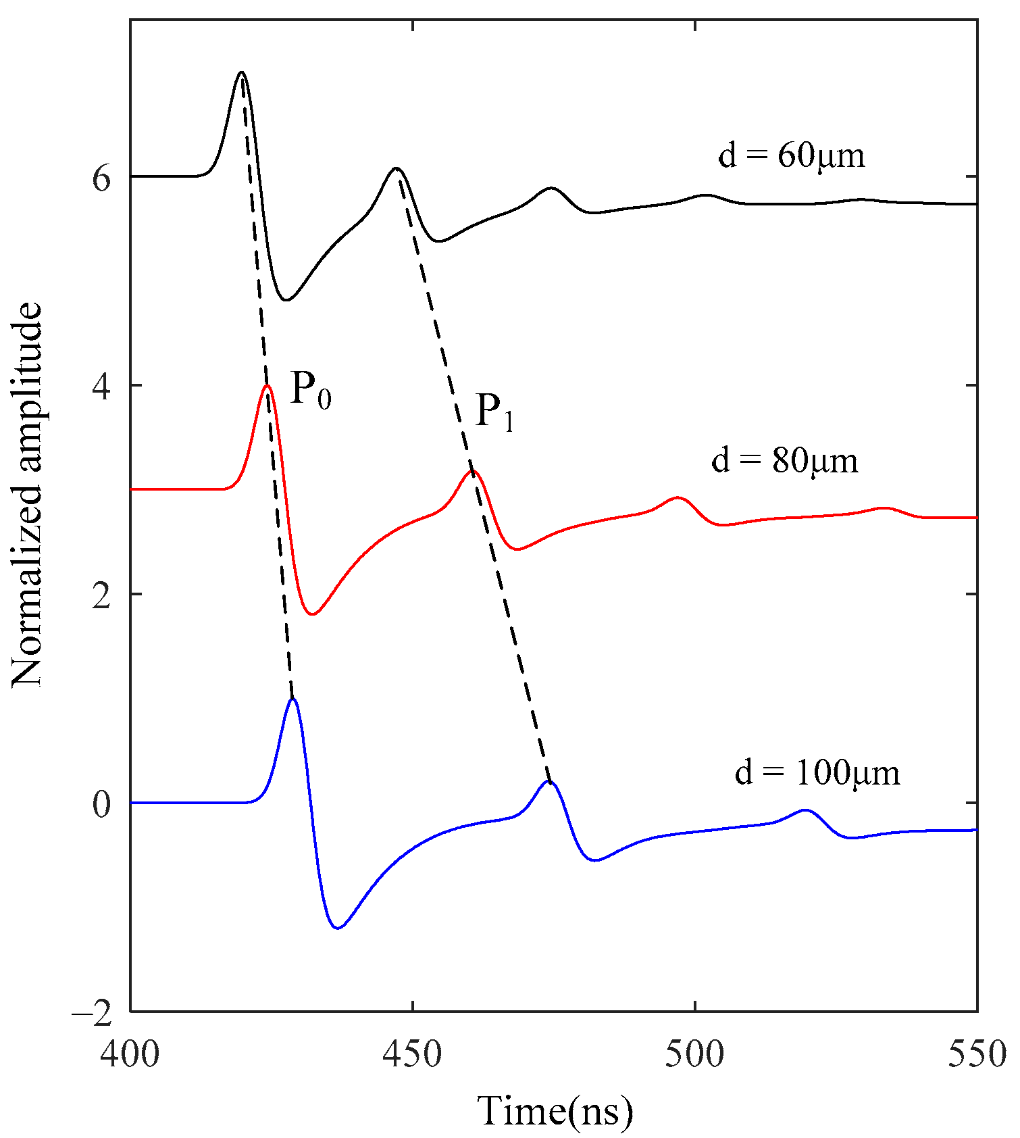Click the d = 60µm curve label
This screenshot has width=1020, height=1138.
tap(791, 156)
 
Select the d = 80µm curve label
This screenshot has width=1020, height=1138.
tap(785, 461)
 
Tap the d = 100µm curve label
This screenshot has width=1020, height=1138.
tap(817, 772)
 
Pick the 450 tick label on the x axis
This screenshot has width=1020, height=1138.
tap(412, 1054)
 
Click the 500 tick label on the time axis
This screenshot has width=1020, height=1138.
tap(694, 1054)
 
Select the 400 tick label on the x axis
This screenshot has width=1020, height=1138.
tap(130, 1054)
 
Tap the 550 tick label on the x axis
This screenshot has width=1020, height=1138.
tap(977, 1054)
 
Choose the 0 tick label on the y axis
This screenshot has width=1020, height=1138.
tap(101, 803)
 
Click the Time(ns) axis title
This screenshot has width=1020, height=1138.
tap(555, 1112)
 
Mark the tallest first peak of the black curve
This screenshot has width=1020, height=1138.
tap(241, 72)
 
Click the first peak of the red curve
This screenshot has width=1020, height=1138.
tap(267, 386)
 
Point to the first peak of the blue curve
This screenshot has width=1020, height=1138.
tap(292, 699)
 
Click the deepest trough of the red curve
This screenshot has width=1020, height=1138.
tap(312, 614)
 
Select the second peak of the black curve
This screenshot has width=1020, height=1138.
tap(396, 168)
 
